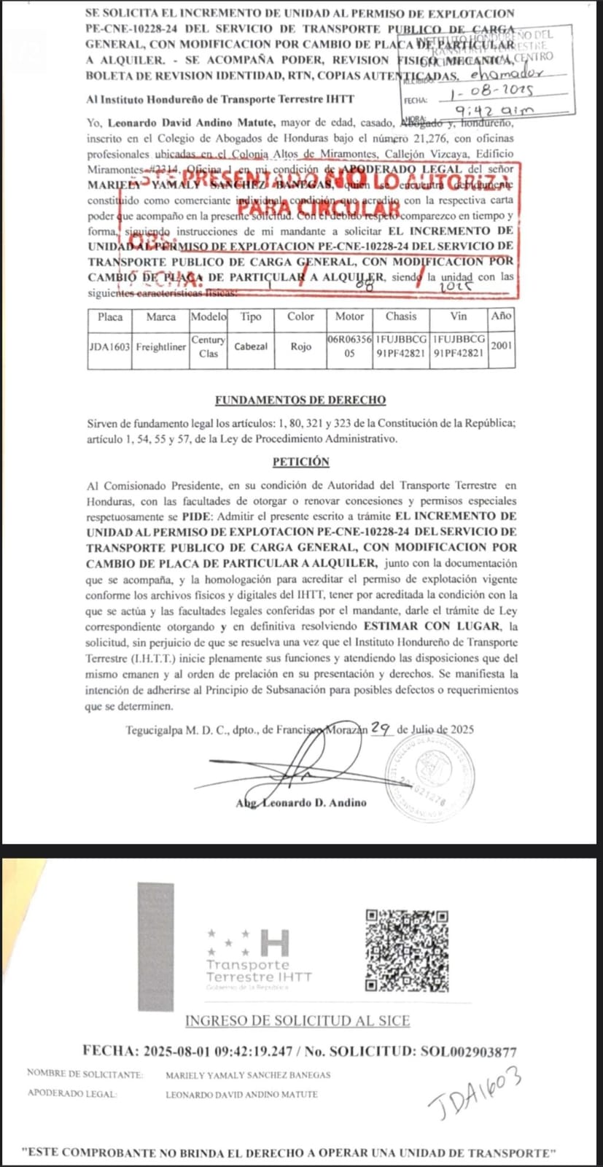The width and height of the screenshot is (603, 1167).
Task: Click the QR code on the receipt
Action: coord(407,950)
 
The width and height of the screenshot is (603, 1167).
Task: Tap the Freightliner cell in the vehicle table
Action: coord(160,347)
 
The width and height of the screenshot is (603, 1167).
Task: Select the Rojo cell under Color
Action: coord(300,347)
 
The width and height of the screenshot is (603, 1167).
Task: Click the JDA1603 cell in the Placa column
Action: coord(109,347)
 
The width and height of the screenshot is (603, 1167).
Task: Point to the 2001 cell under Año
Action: coord(502,346)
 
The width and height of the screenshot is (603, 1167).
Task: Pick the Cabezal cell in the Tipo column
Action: coord(251,347)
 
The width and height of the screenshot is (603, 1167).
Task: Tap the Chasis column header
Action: coord(401,317)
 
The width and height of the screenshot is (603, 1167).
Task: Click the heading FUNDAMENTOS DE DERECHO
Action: coord(300,400)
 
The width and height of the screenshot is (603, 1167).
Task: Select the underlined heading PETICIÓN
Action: coord(300,462)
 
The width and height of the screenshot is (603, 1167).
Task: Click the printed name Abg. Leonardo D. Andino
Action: coord(301,803)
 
